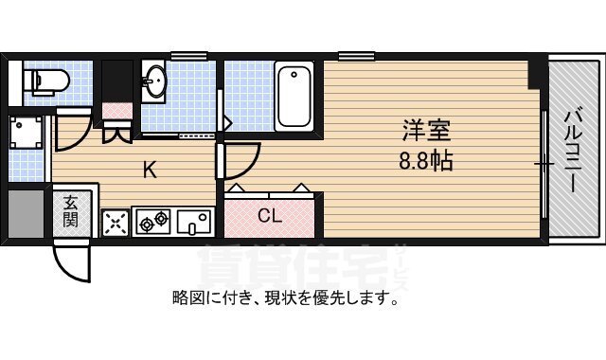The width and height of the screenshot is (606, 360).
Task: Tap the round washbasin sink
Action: point(155,82)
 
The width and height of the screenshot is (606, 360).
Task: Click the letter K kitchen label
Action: point(150,171)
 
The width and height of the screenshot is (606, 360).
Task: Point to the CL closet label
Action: point(270,215)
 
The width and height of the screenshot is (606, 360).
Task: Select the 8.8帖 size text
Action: point(425,160)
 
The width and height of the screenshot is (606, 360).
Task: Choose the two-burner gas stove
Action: point(152,224)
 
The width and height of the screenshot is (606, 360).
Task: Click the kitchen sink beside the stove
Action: point(197,223)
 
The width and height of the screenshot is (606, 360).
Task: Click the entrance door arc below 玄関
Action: point(72,257)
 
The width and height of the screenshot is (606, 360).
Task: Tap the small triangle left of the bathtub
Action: point(228,121)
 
